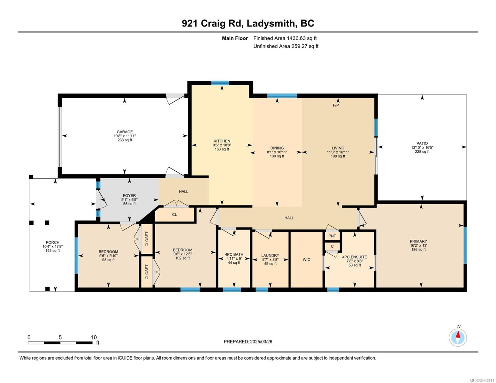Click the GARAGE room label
pyautogui.click(x=125, y=131)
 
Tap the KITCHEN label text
pyautogui.click(x=222, y=141)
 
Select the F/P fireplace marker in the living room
pyautogui.click(x=336, y=105)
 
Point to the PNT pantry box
pyautogui.click(x=332, y=236)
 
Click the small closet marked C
pyautogui.click(x=332, y=246)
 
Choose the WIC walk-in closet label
pyautogui.click(x=306, y=259)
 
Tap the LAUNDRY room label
pyautogui.click(x=270, y=255)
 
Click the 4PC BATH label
pyautogui.click(x=234, y=254)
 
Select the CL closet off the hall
pyautogui.click(x=175, y=214)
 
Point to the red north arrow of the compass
pyautogui.click(x=458, y=334)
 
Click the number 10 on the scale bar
pyautogui.click(x=94, y=337)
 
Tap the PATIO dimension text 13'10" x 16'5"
pyautogui.click(x=422, y=147)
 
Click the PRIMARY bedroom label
pyautogui.click(x=418, y=241)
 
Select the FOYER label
pyautogui.click(x=129, y=196)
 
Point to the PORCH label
pyautogui.click(x=52, y=242)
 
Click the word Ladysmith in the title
pyautogui.click(x=271, y=23)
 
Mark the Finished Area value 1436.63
pyautogui.click(x=296, y=38)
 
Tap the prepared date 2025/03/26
pyautogui.click(x=261, y=342)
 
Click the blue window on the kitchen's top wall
pyautogui.click(x=220, y=83)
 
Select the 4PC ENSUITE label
pyautogui.click(x=355, y=257)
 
